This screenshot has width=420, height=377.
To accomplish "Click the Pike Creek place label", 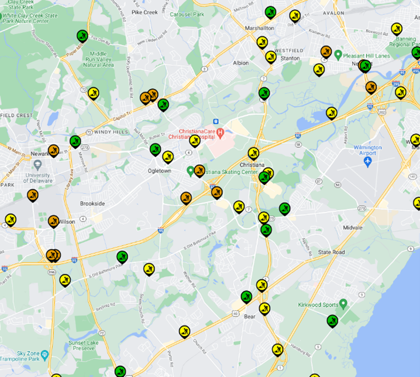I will coord(146,11).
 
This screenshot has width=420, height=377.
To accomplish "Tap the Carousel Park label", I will coord(186,13).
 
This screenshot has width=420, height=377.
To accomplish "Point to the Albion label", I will coord(240,63).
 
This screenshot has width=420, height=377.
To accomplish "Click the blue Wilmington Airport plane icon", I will coord(368,161).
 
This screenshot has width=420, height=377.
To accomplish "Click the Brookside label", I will coord(92,203).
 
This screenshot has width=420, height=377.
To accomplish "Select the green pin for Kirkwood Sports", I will coord(343,304).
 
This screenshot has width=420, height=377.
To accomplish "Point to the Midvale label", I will coord(353,227).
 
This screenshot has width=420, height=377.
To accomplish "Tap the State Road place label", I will coord(331,252).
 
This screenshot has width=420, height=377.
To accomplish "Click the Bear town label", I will coord(250,317).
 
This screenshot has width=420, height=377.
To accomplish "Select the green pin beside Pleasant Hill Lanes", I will coord(338,55).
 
